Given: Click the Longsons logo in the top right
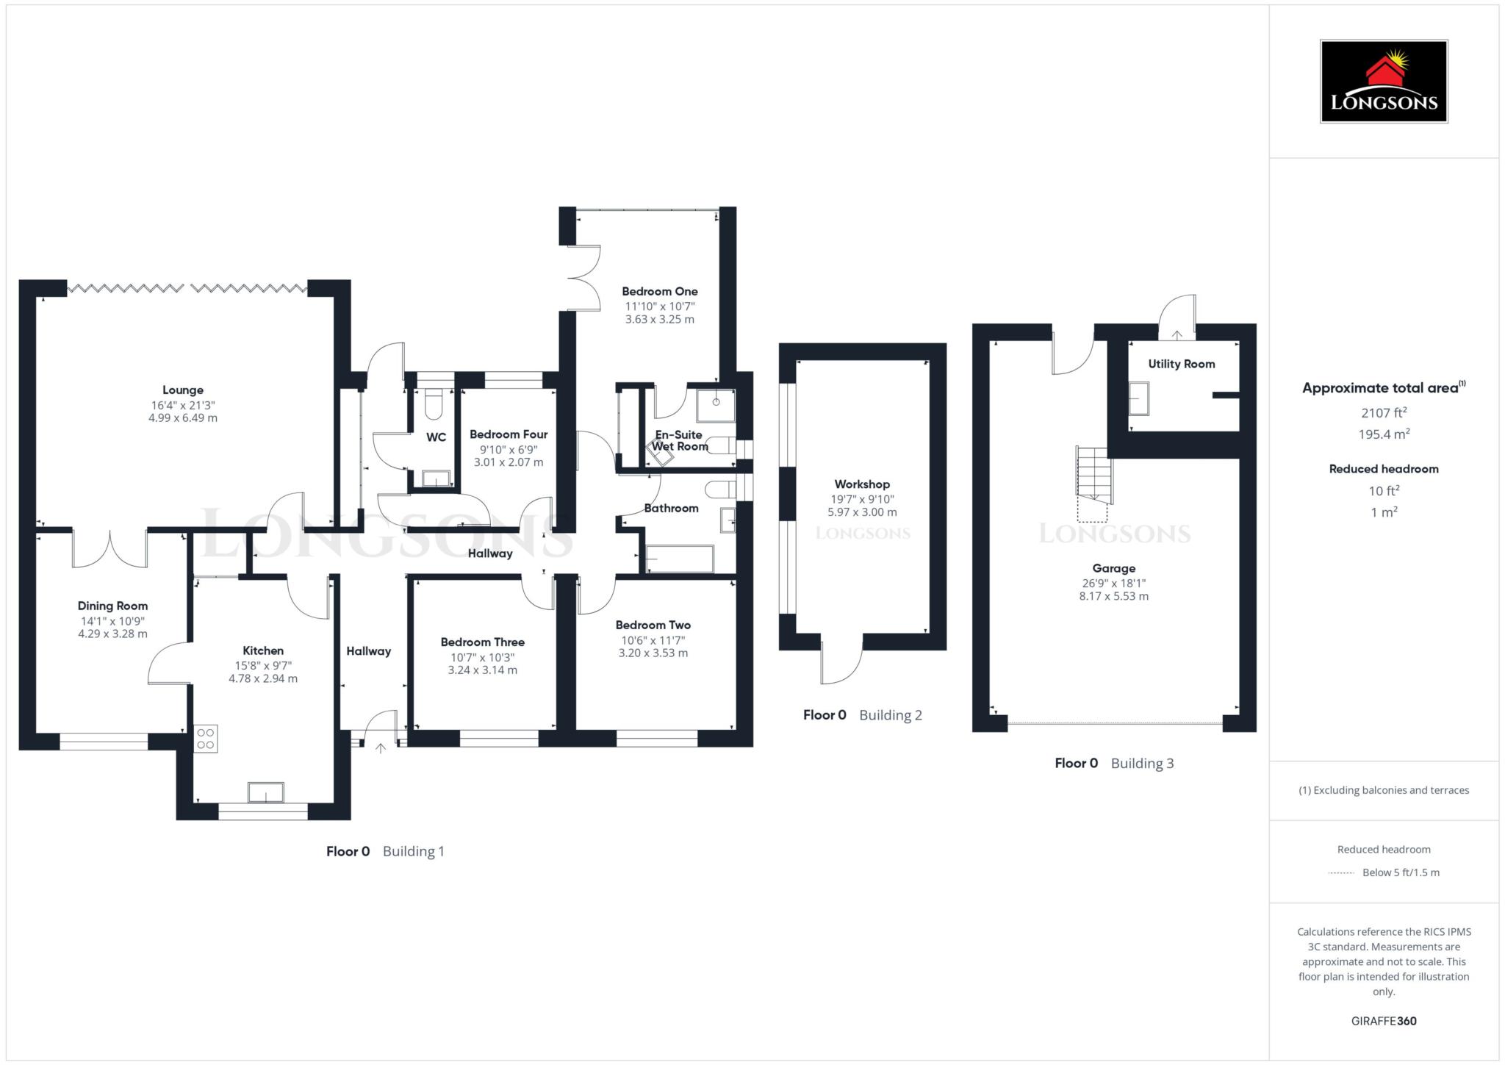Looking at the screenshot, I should click(1383, 81).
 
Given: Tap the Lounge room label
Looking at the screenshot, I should click(183, 390).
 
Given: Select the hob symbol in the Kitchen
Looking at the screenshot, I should click(206, 739).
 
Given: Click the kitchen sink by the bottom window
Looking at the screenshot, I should click(266, 792).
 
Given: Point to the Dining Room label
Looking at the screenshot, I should click(112, 606).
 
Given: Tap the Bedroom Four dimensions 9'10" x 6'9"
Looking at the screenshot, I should click(509, 449).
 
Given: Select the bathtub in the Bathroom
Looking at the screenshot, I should click(679, 559).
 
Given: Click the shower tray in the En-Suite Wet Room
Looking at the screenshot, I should click(716, 405).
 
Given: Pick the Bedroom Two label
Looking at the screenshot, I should click(653, 625).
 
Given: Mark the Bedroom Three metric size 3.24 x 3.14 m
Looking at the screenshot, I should click(482, 670).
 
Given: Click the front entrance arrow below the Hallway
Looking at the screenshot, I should click(380, 748).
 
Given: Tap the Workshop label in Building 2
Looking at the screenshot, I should click(862, 484).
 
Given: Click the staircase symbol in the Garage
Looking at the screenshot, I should click(1094, 474).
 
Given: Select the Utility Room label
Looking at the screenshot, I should click(1181, 364).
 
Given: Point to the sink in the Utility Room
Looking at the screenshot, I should click(1139, 398).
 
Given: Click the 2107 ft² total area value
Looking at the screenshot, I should click(1383, 413).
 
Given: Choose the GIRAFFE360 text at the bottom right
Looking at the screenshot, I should click(1383, 1021).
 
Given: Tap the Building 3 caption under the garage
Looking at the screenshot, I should click(1142, 763).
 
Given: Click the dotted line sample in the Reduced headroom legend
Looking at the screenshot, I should click(1341, 873).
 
